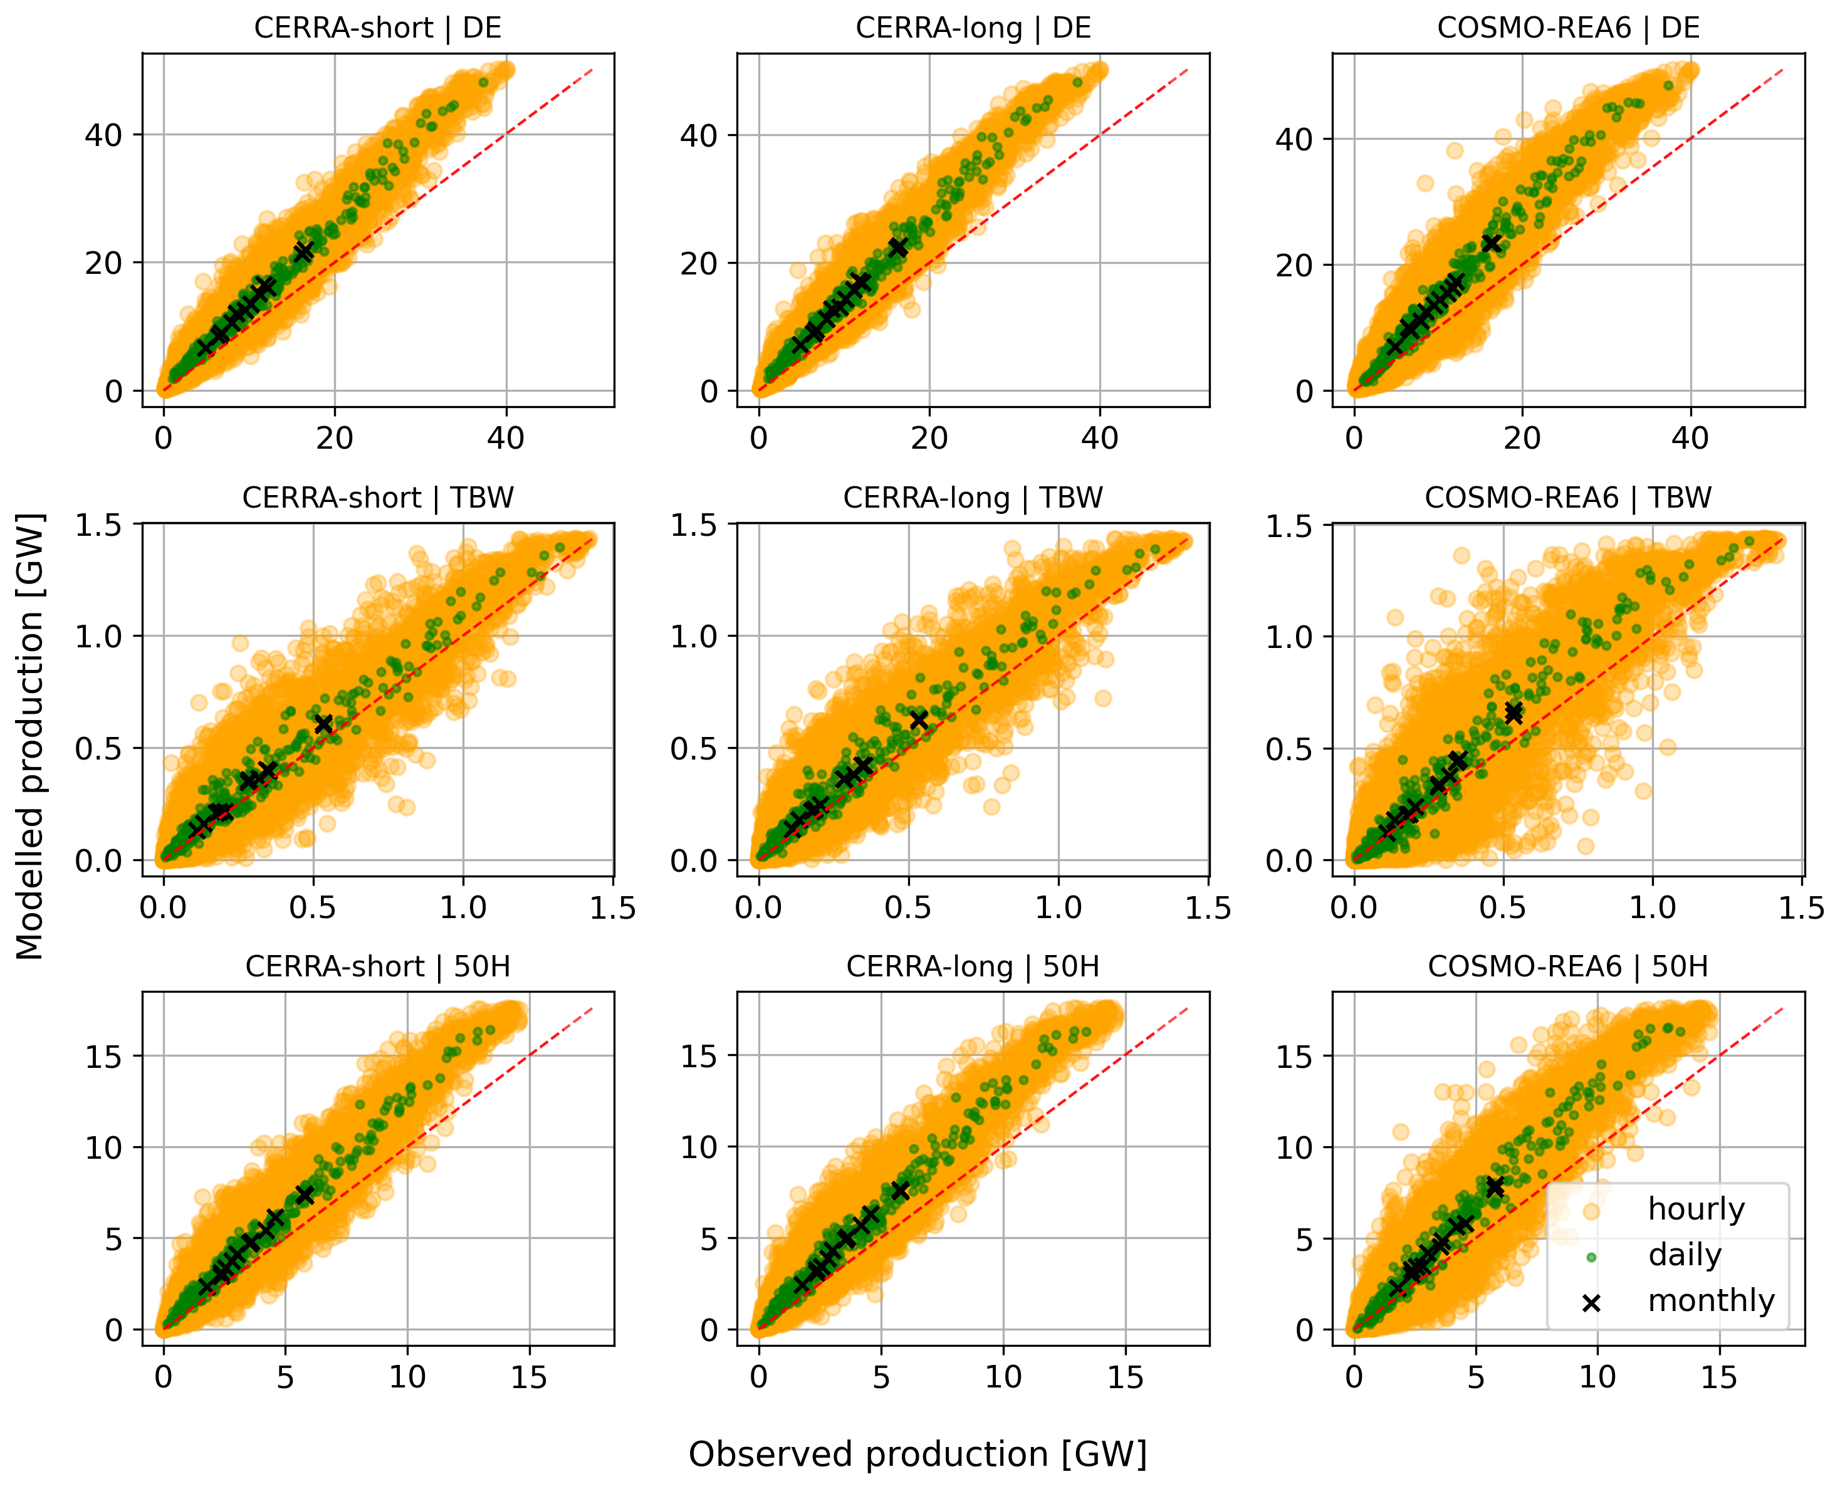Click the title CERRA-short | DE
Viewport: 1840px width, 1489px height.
click(x=377, y=28)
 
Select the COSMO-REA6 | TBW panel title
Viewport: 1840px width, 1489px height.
click(x=1567, y=498)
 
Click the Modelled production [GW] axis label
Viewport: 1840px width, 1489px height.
click(x=30, y=738)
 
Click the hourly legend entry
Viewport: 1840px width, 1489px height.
click(x=1696, y=1209)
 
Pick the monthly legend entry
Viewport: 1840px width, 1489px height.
click(x=1710, y=1300)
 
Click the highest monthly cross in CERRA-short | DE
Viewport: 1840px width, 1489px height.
click(x=304, y=251)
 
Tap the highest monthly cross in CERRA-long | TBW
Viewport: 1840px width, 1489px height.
click(x=919, y=721)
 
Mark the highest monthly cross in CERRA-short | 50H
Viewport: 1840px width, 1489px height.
click(x=305, y=1195)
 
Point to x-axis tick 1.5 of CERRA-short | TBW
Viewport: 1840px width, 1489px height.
click(x=612, y=908)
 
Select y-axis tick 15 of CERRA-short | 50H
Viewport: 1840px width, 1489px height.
click(x=103, y=1057)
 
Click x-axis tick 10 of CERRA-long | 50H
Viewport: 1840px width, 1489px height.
click(x=1002, y=1377)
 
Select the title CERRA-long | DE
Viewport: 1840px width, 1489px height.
click(x=973, y=28)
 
